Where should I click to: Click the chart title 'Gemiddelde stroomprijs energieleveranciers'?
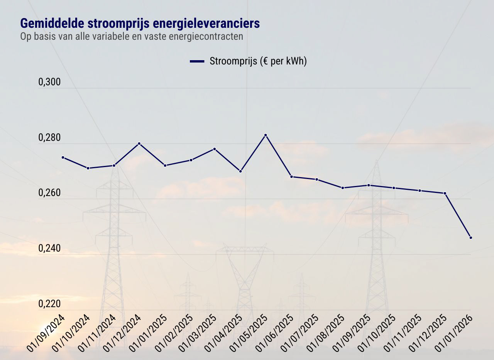pos(140,24)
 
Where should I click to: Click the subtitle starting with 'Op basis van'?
pos(132,37)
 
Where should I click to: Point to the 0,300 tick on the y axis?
pos(49,83)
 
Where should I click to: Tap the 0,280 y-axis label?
pos(49,138)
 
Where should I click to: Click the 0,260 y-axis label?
pos(49,193)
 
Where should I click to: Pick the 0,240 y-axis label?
pos(49,249)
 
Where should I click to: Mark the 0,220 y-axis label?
pos(49,304)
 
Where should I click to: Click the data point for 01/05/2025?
pos(266,135)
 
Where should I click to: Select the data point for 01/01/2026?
pos(470,238)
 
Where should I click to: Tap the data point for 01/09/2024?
pos(63,157)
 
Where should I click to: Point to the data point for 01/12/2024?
pos(139,144)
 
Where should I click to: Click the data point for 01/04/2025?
pos(240,171)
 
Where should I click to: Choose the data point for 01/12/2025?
pos(445,193)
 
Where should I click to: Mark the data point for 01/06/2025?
pos(291,177)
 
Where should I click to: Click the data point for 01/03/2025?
pos(215,149)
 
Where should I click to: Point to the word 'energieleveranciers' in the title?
pos(206,24)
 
